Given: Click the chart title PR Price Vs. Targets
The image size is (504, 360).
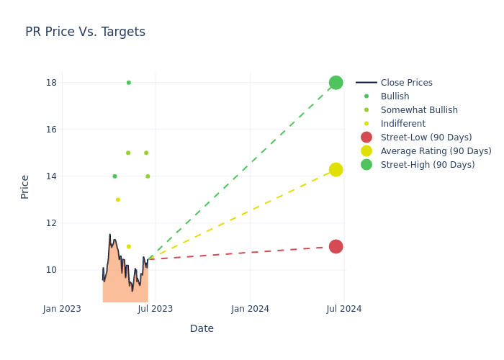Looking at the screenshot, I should pos(85,32).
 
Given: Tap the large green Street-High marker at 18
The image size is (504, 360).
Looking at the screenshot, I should pos(336,83).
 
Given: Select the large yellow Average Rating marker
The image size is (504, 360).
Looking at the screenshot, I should pos(336,169).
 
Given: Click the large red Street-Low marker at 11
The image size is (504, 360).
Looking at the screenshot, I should pos(336,246).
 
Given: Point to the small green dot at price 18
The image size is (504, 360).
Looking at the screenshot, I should pos(129,83).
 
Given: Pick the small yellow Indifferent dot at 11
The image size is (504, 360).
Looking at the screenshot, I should pos(129,246).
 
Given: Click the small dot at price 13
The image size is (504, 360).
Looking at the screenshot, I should pos(118,199).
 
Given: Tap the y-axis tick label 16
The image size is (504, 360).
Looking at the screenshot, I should pos(51,130).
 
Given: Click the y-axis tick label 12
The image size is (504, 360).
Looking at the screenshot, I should pos(51,223).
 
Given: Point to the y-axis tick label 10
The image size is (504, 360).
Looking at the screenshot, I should pos(51,270).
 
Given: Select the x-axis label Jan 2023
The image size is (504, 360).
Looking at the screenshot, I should pos(62,309).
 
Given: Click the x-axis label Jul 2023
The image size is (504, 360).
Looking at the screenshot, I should pos(156,309).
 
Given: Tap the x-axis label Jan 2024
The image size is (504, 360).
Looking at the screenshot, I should pos(251,309).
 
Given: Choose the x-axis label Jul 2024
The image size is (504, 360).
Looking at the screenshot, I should pos(344,309).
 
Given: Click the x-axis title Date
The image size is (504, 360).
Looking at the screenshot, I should pos(202,328).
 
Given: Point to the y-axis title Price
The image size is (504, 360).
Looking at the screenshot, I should pos(25,186).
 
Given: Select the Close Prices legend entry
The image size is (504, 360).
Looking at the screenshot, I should pos(406,83).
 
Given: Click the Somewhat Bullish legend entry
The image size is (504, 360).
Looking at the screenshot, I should pos(419,110).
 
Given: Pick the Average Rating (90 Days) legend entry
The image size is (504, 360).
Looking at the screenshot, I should pos(436,151).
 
